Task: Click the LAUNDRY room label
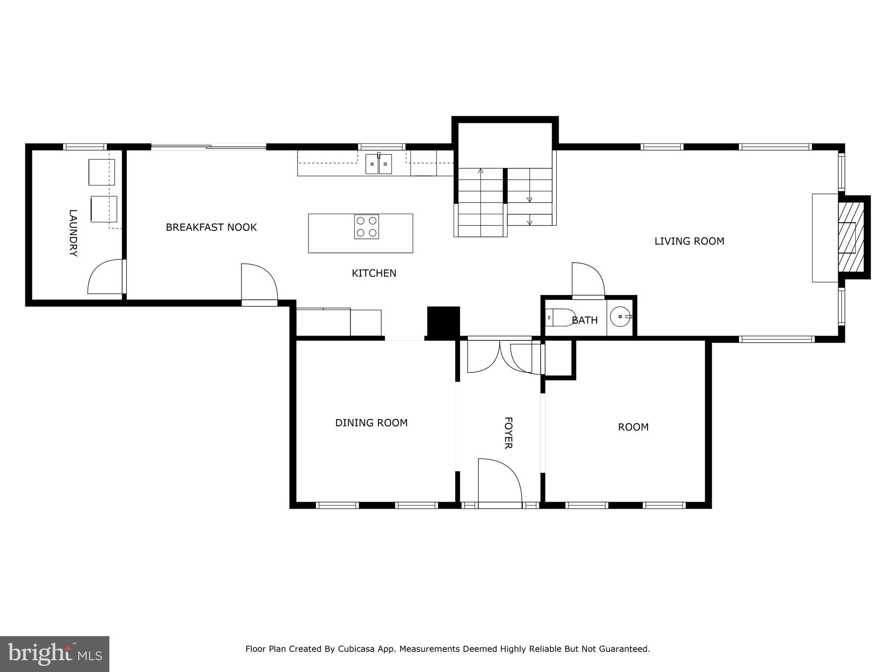73,233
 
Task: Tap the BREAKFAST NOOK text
211,227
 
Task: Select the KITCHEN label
374,273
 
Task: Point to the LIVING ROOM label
689,241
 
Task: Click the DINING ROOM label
371,423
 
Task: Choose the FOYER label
508,433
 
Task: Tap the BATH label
584,320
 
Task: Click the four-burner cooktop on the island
367,227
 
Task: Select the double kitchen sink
379,164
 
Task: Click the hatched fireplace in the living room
851,237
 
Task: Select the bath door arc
588,279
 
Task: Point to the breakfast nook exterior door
259,282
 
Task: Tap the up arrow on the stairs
480,171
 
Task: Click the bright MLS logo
55,654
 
